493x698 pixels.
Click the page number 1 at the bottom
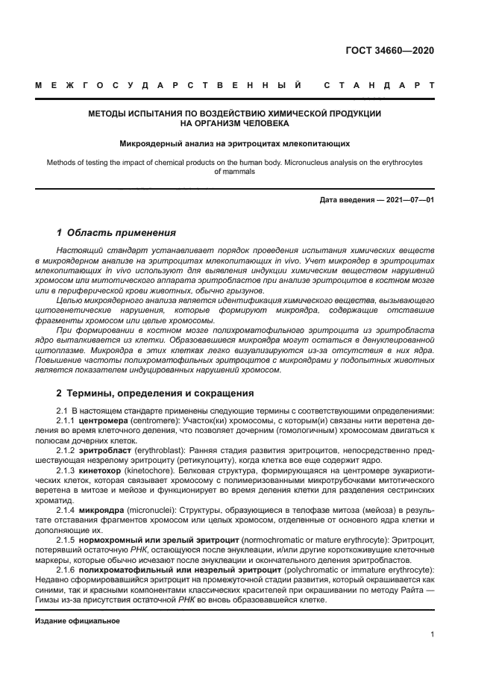tap(432, 635)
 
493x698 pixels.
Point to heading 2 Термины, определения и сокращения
tap(155, 393)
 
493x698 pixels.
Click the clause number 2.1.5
tap(68, 538)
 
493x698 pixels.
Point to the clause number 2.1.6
tap(68, 570)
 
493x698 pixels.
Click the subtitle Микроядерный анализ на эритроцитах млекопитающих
tap(236, 143)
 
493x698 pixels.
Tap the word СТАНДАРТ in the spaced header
tap(378, 85)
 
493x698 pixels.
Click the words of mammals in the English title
tap(235, 171)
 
